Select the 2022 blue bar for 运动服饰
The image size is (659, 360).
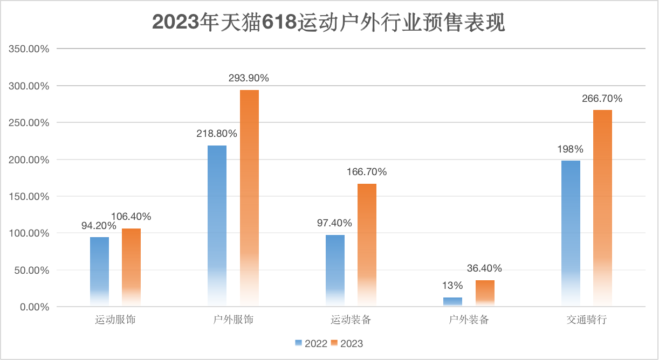pyautogui.click(x=99, y=272)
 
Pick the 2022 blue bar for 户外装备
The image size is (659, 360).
pyautogui.click(x=452, y=302)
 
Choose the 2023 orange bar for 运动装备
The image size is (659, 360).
pyautogui.click(x=367, y=245)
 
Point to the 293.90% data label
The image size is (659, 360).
pyautogui.click(x=249, y=78)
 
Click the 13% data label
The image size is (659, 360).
pyautogui.click(x=452, y=286)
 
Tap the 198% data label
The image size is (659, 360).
pyautogui.click(x=571, y=149)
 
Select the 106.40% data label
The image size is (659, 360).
pyautogui.click(x=131, y=217)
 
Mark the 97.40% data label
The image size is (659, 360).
pyautogui.click(x=335, y=223)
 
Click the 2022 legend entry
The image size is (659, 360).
pyautogui.click(x=311, y=343)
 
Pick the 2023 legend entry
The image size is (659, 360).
pyautogui.click(x=347, y=343)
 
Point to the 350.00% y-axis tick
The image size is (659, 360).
pyautogui.click(x=30, y=49)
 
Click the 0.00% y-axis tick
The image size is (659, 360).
pyautogui.click(x=33, y=307)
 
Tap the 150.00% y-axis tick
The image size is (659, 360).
pyautogui.click(x=30, y=197)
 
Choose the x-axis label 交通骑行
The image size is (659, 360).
pyautogui.click(x=587, y=320)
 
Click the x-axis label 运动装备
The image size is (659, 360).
pyautogui.click(x=351, y=320)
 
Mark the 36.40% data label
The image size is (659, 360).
pyautogui.click(x=484, y=268)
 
